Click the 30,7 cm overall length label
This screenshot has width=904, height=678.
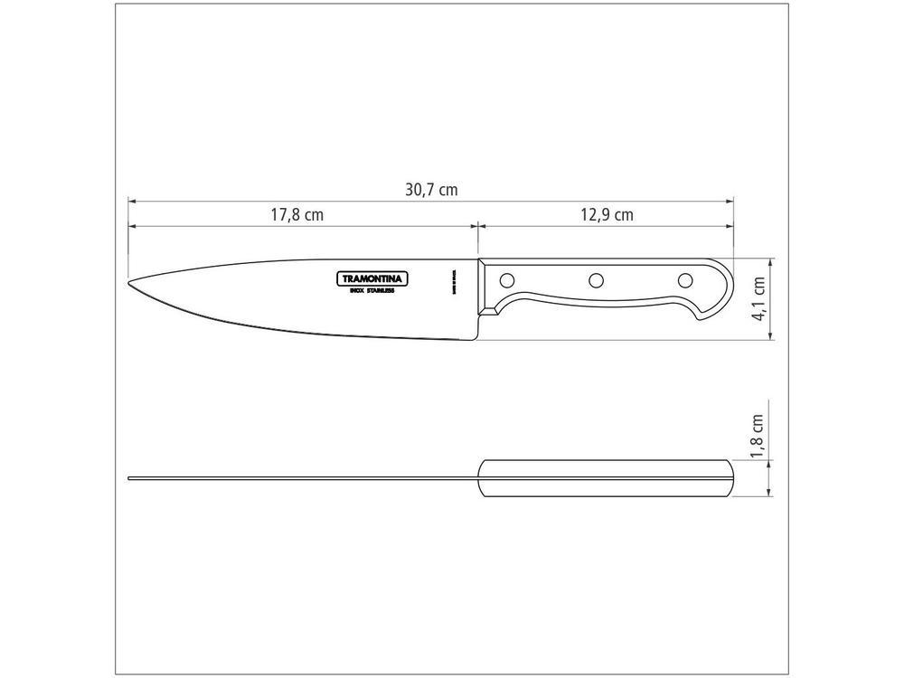point(431,190)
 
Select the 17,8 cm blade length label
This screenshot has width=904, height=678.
point(297,215)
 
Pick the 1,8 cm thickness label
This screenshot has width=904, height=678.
point(758,436)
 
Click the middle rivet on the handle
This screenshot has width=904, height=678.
point(596,280)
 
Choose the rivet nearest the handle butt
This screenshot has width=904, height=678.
point(684,279)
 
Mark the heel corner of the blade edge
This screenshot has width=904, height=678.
point(476,339)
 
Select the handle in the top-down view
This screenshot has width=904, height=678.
point(606,478)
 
